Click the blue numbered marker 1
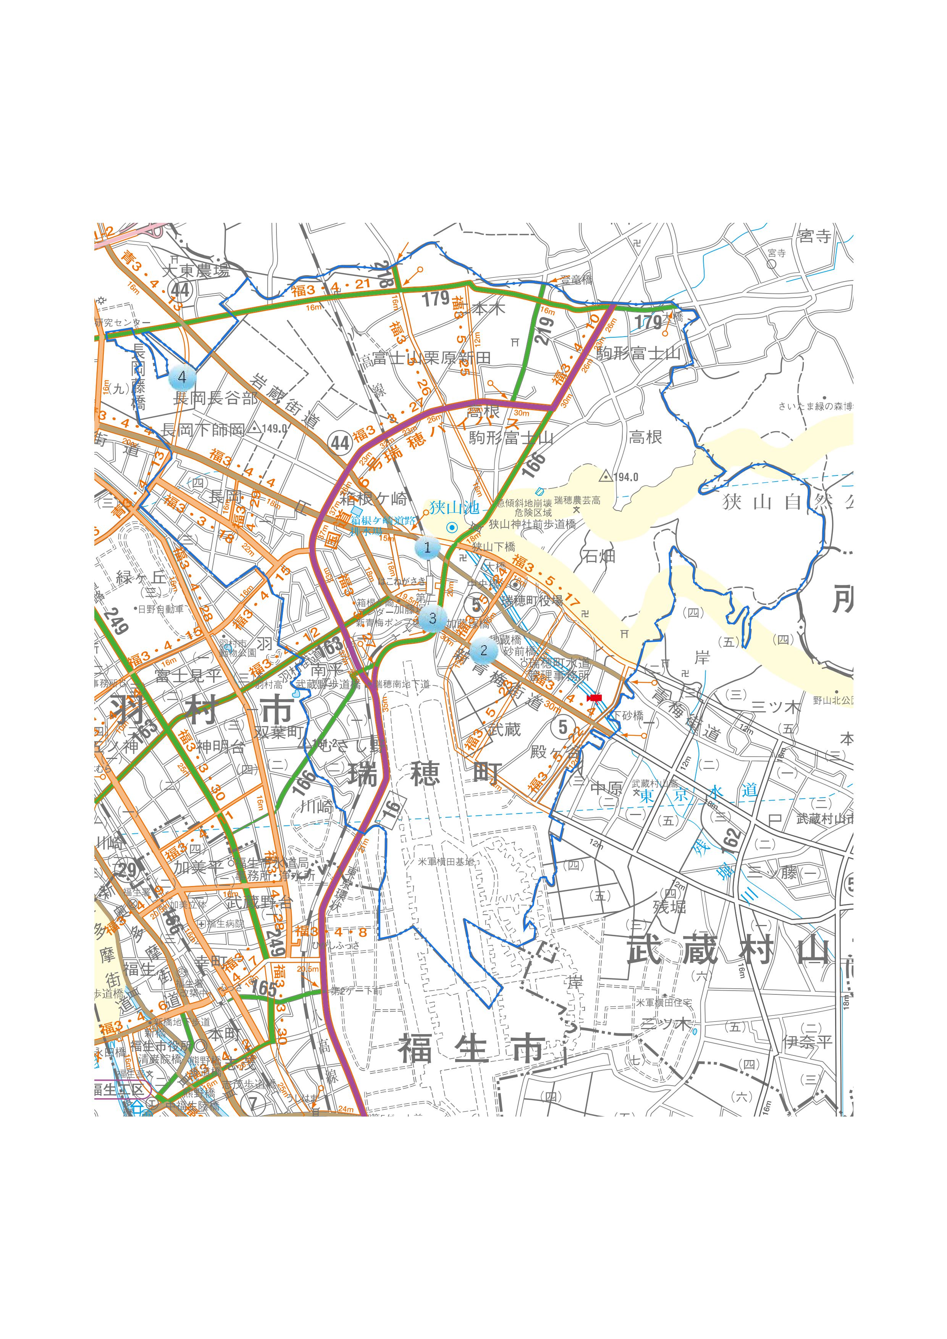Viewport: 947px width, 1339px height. [427, 548]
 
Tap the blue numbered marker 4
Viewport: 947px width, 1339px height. [182, 377]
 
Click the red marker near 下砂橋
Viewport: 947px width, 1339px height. [594, 698]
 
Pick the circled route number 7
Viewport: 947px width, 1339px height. [253, 1103]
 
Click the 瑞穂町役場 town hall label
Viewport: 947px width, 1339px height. [532, 601]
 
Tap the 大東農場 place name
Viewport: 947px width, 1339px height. [196, 270]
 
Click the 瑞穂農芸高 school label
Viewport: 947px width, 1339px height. [577, 500]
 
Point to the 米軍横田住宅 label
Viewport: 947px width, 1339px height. [663, 1002]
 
